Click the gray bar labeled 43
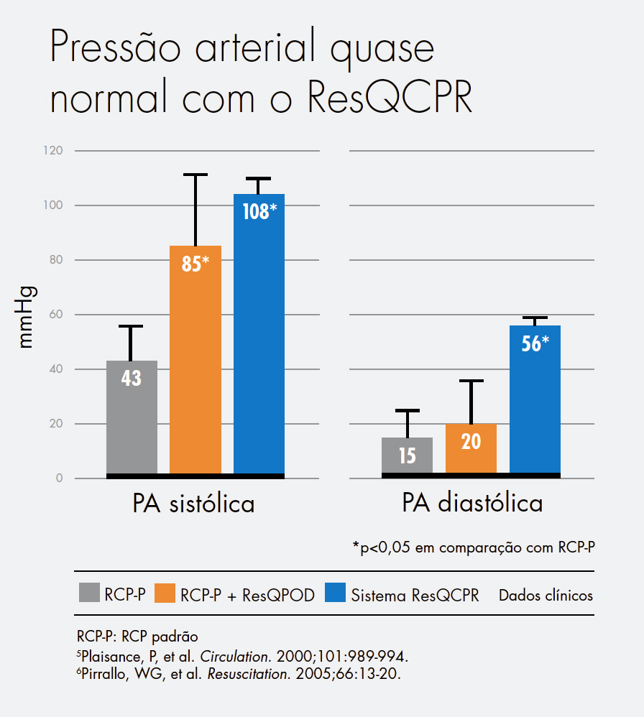tap(132, 417)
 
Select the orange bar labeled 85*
tap(195, 359)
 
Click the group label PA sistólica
tap(193, 504)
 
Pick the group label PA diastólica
tap(471, 504)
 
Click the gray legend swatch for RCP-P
tap(88, 593)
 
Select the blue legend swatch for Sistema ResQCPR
tap(336, 593)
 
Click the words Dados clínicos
tap(546, 596)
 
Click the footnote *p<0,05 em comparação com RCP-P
tap(473, 547)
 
